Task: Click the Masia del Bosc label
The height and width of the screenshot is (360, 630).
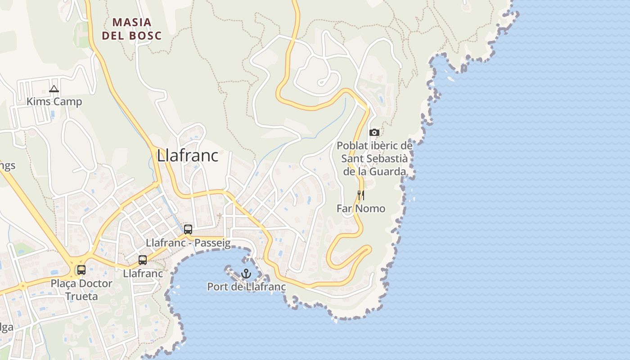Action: pos(131,28)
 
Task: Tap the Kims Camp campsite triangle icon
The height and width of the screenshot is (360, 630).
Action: pos(54,89)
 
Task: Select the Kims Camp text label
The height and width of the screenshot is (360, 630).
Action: pos(54,102)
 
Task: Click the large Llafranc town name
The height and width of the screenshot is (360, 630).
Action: pos(188,156)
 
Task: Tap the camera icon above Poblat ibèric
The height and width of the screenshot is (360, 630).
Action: pos(374,132)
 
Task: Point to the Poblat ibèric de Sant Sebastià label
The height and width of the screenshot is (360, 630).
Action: pos(374,158)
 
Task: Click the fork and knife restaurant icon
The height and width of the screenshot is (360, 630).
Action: pos(360,195)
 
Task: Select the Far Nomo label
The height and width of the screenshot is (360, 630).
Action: pos(361,208)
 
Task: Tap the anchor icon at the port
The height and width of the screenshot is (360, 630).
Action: pos(246,273)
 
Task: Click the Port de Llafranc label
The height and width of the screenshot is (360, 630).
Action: pos(246,287)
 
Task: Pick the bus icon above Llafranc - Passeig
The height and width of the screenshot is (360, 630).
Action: pos(188,229)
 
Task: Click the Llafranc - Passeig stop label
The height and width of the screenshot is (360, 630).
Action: pos(188,243)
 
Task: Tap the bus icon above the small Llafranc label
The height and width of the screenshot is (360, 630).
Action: pos(143,260)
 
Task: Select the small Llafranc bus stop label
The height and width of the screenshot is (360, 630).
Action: pos(143,273)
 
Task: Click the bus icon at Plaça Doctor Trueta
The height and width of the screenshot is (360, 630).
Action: pos(81,270)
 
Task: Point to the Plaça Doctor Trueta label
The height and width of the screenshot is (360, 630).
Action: pos(81,290)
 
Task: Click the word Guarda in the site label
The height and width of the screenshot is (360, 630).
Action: pos(387,171)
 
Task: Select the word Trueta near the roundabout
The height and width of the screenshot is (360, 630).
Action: pos(81,296)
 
